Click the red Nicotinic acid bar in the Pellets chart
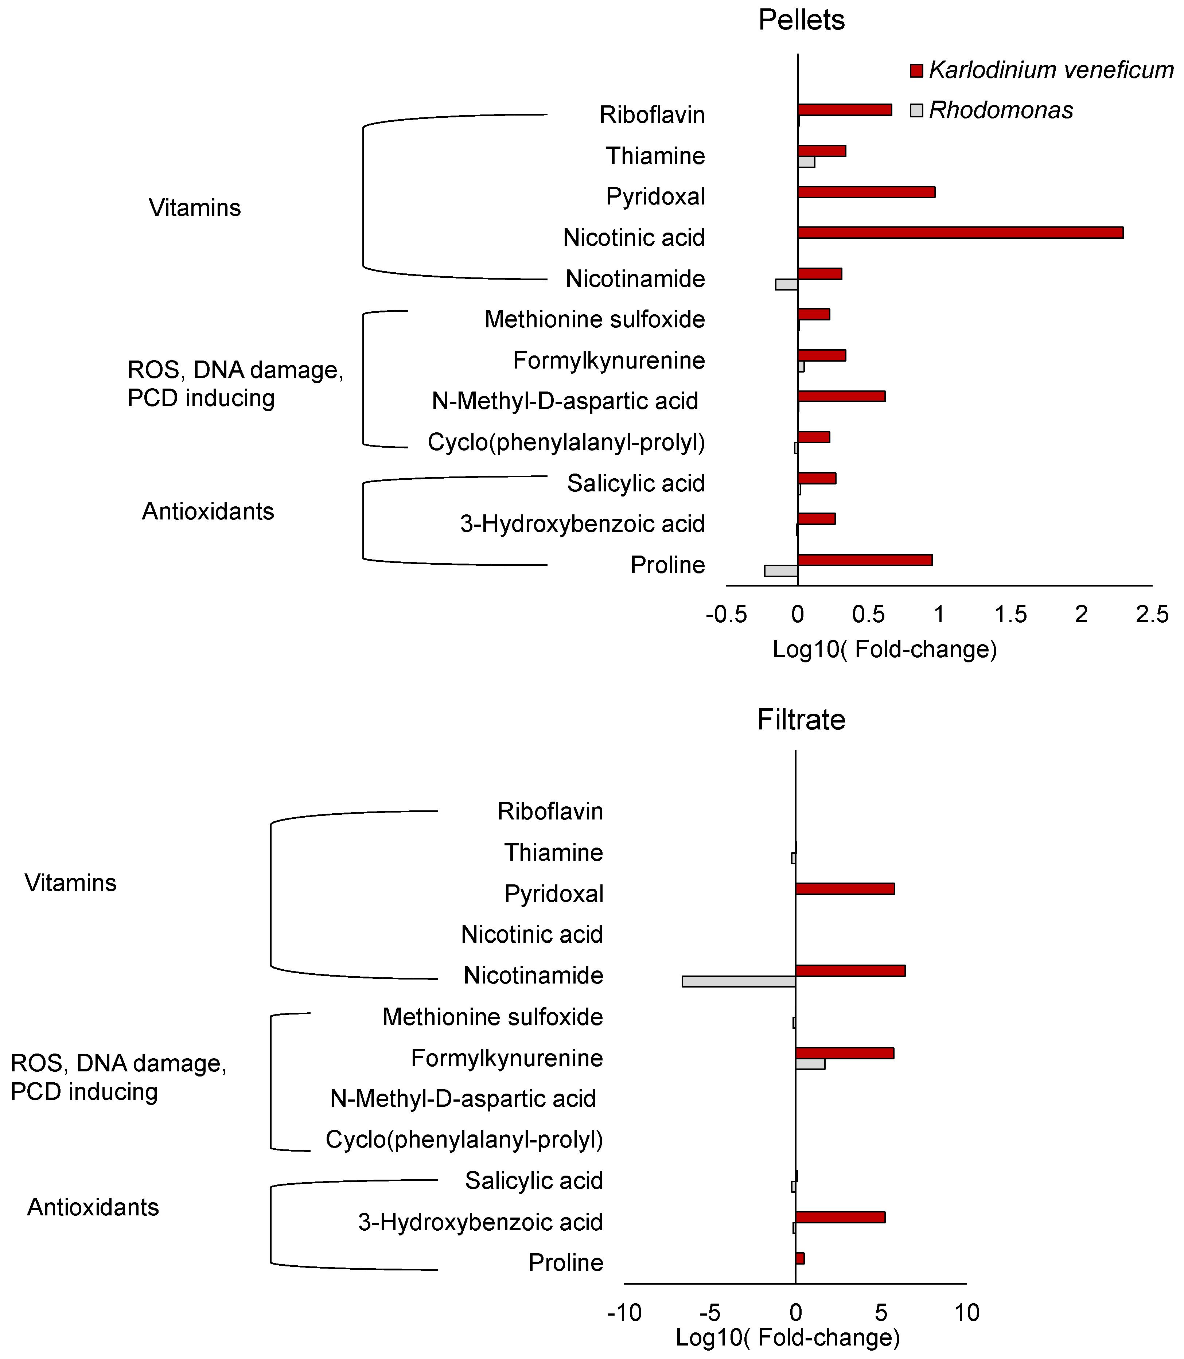[x=960, y=233]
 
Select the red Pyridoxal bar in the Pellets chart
[x=866, y=192]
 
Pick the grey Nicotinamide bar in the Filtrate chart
[x=739, y=981]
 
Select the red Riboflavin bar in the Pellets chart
[x=844, y=110]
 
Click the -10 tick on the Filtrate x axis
[x=624, y=1313]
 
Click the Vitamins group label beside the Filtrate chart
[x=71, y=883]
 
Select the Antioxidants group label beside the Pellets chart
[x=208, y=511]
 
